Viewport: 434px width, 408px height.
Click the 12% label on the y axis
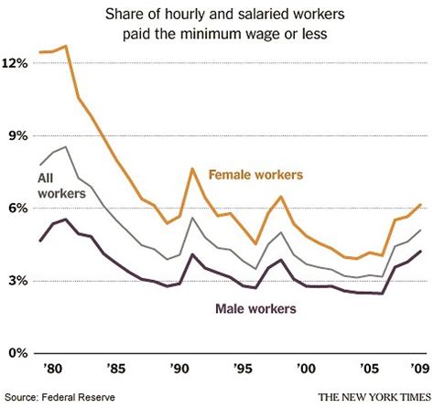tap(17, 63)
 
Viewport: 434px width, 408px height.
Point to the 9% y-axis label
tap(17, 135)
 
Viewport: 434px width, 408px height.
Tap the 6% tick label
tap(17, 208)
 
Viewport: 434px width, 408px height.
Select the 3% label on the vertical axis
tap(17, 280)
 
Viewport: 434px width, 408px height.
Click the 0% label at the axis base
tap(17, 352)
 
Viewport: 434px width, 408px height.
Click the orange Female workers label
tap(255, 174)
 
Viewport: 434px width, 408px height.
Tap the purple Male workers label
tap(255, 309)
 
